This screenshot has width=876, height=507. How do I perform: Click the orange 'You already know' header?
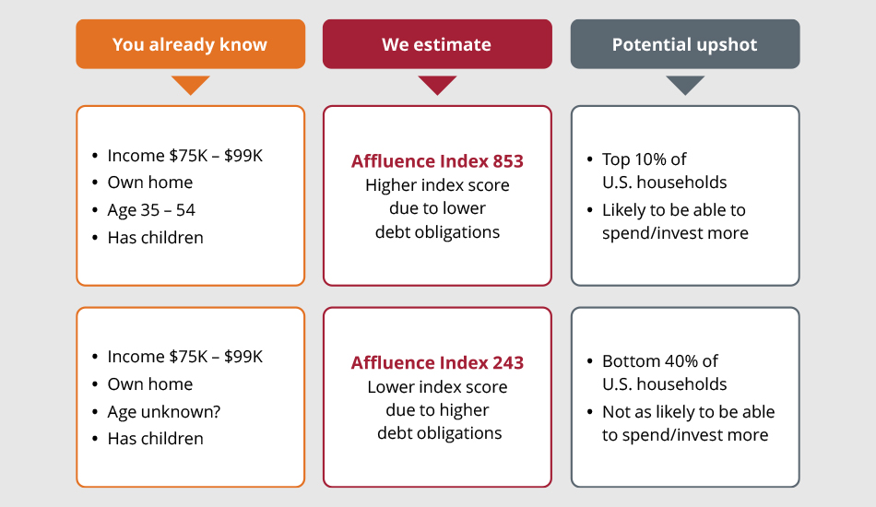click(x=191, y=44)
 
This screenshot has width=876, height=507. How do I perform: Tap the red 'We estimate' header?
click(x=437, y=44)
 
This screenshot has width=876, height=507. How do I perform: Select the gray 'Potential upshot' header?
click(x=685, y=44)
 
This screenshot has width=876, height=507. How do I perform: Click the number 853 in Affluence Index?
click(x=508, y=161)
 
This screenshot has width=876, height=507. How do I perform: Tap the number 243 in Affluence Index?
click(x=508, y=363)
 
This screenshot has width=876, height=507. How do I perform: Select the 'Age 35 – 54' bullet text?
click(x=151, y=210)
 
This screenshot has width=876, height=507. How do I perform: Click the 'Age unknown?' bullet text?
click(x=164, y=411)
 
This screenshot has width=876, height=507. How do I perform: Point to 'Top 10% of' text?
click(x=645, y=159)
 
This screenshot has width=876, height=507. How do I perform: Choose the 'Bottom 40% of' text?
click(x=660, y=360)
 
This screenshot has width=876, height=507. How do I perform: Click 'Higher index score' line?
click(x=437, y=184)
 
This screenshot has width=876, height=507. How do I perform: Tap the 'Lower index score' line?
click(x=437, y=386)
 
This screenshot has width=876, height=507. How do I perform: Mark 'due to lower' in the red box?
click(x=437, y=208)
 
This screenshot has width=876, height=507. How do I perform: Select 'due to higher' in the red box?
click(x=437, y=410)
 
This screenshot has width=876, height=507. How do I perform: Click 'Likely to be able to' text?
click(x=674, y=210)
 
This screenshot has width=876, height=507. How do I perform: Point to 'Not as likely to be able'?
click(x=688, y=411)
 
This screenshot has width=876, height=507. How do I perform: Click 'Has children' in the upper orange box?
click(x=155, y=238)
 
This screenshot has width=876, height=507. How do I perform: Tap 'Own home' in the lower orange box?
click(x=150, y=384)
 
